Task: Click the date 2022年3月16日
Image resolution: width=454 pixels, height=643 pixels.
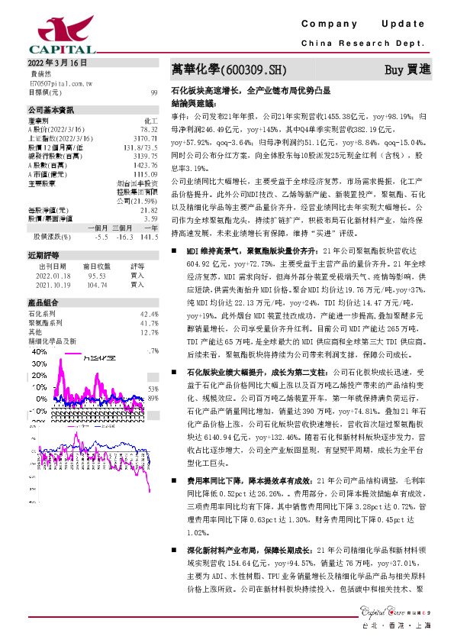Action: click(58, 63)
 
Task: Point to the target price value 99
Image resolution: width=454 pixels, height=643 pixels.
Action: click(154, 92)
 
